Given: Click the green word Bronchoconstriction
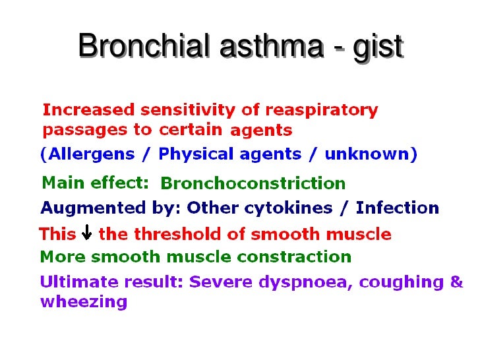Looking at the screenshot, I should point(253,183).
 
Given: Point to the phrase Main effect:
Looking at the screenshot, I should point(95,182).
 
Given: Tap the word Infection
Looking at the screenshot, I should point(397,208).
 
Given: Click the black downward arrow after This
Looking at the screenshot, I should point(86,234).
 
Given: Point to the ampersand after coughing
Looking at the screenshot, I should point(456,282).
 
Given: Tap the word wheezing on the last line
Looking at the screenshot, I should point(83,303).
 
